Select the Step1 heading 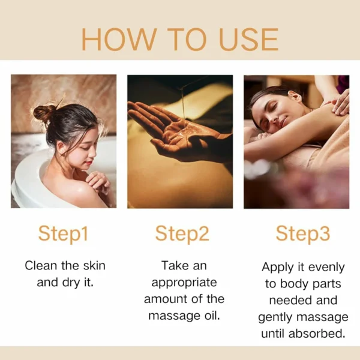[63, 233]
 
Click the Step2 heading [182, 233]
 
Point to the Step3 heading [302, 233]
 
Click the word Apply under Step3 [277, 266]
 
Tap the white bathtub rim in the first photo [24, 180]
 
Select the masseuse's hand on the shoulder [340, 102]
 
